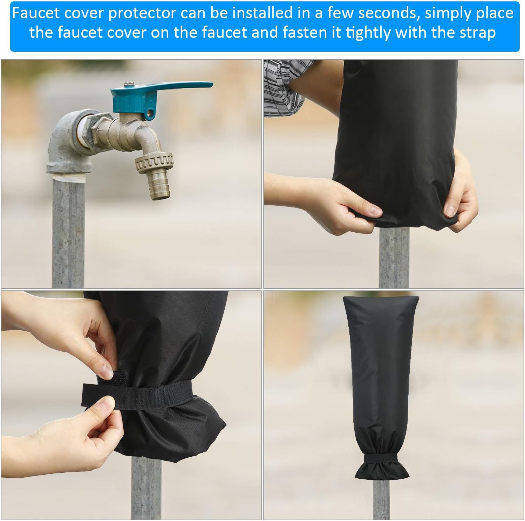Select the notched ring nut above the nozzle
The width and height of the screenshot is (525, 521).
[x=155, y=162]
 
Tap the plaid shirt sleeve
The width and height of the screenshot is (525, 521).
[x=287, y=87]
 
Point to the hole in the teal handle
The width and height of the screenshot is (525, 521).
[x=151, y=113]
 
